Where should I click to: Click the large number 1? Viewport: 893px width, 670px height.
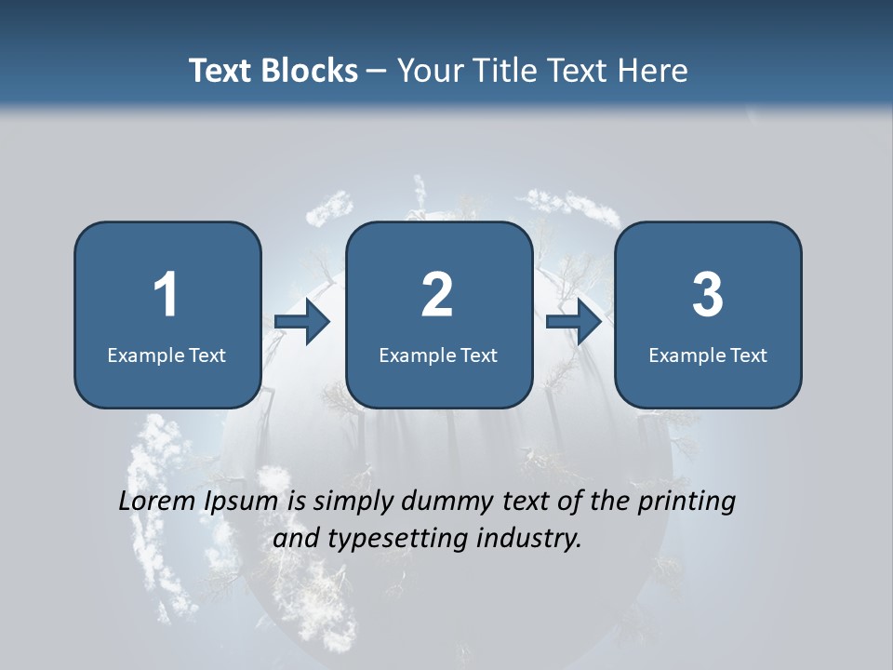pyautogui.click(x=166, y=295)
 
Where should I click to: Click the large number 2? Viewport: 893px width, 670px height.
pyautogui.click(x=437, y=295)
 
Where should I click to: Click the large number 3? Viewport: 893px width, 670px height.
pyautogui.click(x=707, y=295)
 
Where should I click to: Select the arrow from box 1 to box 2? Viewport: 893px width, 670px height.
pyautogui.click(x=303, y=322)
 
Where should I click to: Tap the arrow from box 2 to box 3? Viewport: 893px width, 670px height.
pyautogui.click(x=574, y=322)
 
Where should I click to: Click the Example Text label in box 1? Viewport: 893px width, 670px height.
pyautogui.click(x=167, y=355)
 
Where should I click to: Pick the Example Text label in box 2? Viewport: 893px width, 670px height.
pyautogui.click(x=438, y=355)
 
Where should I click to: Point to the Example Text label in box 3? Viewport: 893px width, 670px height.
pyautogui.click(x=708, y=355)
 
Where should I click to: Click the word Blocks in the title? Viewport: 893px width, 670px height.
pyautogui.click(x=309, y=71)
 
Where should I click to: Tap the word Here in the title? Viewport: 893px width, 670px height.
pyautogui.click(x=653, y=71)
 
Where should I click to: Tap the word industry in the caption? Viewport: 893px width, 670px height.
pyautogui.click(x=527, y=539)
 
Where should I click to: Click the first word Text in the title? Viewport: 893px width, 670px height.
pyautogui.click(x=221, y=71)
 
